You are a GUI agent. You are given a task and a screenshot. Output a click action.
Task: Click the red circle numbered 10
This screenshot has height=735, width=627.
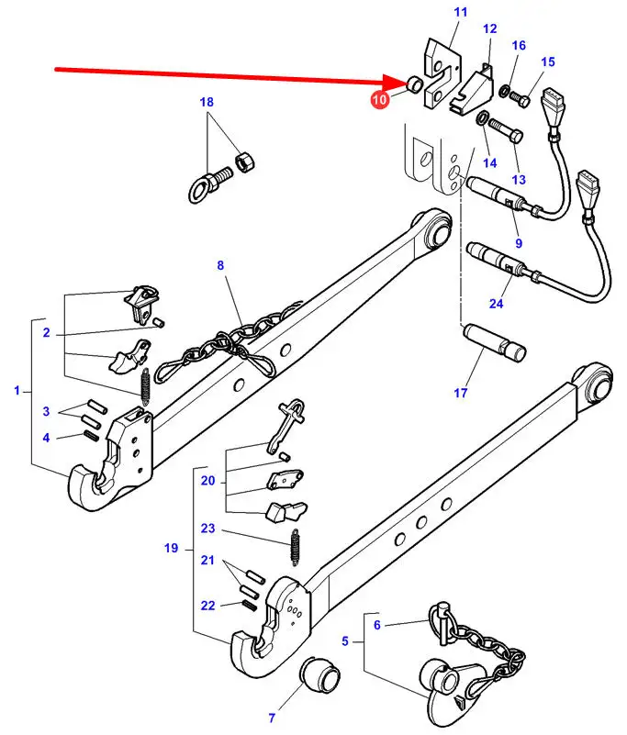tap(380, 99)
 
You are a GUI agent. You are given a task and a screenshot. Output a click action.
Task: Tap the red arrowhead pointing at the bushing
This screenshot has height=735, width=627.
tap(397, 82)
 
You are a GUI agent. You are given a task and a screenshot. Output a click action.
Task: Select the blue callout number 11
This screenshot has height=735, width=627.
tap(461, 12)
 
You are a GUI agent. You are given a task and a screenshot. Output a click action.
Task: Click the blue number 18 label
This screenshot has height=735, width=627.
tap(207, 102)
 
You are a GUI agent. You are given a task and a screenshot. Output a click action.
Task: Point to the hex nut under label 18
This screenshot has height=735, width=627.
tap(244, 162)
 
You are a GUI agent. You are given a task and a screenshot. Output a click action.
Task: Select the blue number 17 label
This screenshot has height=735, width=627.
tap(461, 393)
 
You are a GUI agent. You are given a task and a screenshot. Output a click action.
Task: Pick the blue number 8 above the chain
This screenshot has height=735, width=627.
tap(220, 265)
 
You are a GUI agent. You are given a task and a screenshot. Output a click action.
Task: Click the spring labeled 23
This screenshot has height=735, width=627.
tap(295, 547)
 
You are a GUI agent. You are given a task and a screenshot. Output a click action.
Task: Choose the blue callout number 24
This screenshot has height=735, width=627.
tap(496, 304)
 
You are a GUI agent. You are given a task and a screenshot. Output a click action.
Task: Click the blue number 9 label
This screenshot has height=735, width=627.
tap(519, 243)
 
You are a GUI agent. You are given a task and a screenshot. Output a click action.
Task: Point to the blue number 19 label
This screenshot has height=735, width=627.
tap(171, 548)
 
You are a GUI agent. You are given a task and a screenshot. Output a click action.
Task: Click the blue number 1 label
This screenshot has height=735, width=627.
tap(17, 390)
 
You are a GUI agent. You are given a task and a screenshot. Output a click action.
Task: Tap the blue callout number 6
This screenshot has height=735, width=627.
tap(377, 624)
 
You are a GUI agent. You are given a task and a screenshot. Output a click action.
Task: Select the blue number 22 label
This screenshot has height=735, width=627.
tap(207, 605)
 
